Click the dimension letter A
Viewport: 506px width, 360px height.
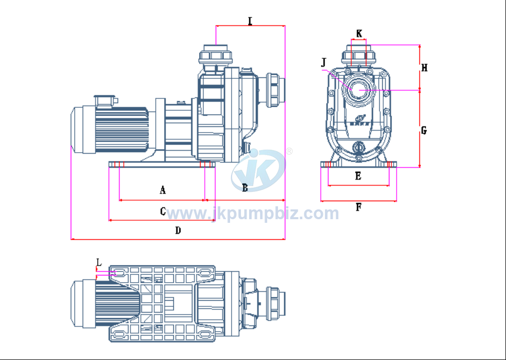[x=162, y=190]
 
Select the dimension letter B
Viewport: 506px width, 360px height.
[x=245, y=188]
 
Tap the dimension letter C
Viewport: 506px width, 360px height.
[x=162, y=211]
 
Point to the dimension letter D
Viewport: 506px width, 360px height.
[x=178, y=231]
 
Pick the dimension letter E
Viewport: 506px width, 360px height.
[x=358, y=176]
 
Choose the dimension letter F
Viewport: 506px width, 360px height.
[x=358, y=207]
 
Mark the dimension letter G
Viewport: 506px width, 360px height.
[x=424, y=130]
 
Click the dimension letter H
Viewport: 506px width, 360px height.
[x=424, y=68]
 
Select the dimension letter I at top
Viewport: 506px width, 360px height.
[x=250, y=21]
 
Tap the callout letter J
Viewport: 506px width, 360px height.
[x=324, y=62]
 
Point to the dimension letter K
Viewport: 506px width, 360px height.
[x=359, y=34]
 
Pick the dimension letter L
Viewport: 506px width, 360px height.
[x=99, y=262]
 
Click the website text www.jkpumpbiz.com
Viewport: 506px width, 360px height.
[x=253, y=213]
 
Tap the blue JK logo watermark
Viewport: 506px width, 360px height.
[x=258, y=170]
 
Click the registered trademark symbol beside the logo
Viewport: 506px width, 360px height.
[x=289, y=151]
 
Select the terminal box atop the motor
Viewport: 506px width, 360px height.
[x=105, y=100]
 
